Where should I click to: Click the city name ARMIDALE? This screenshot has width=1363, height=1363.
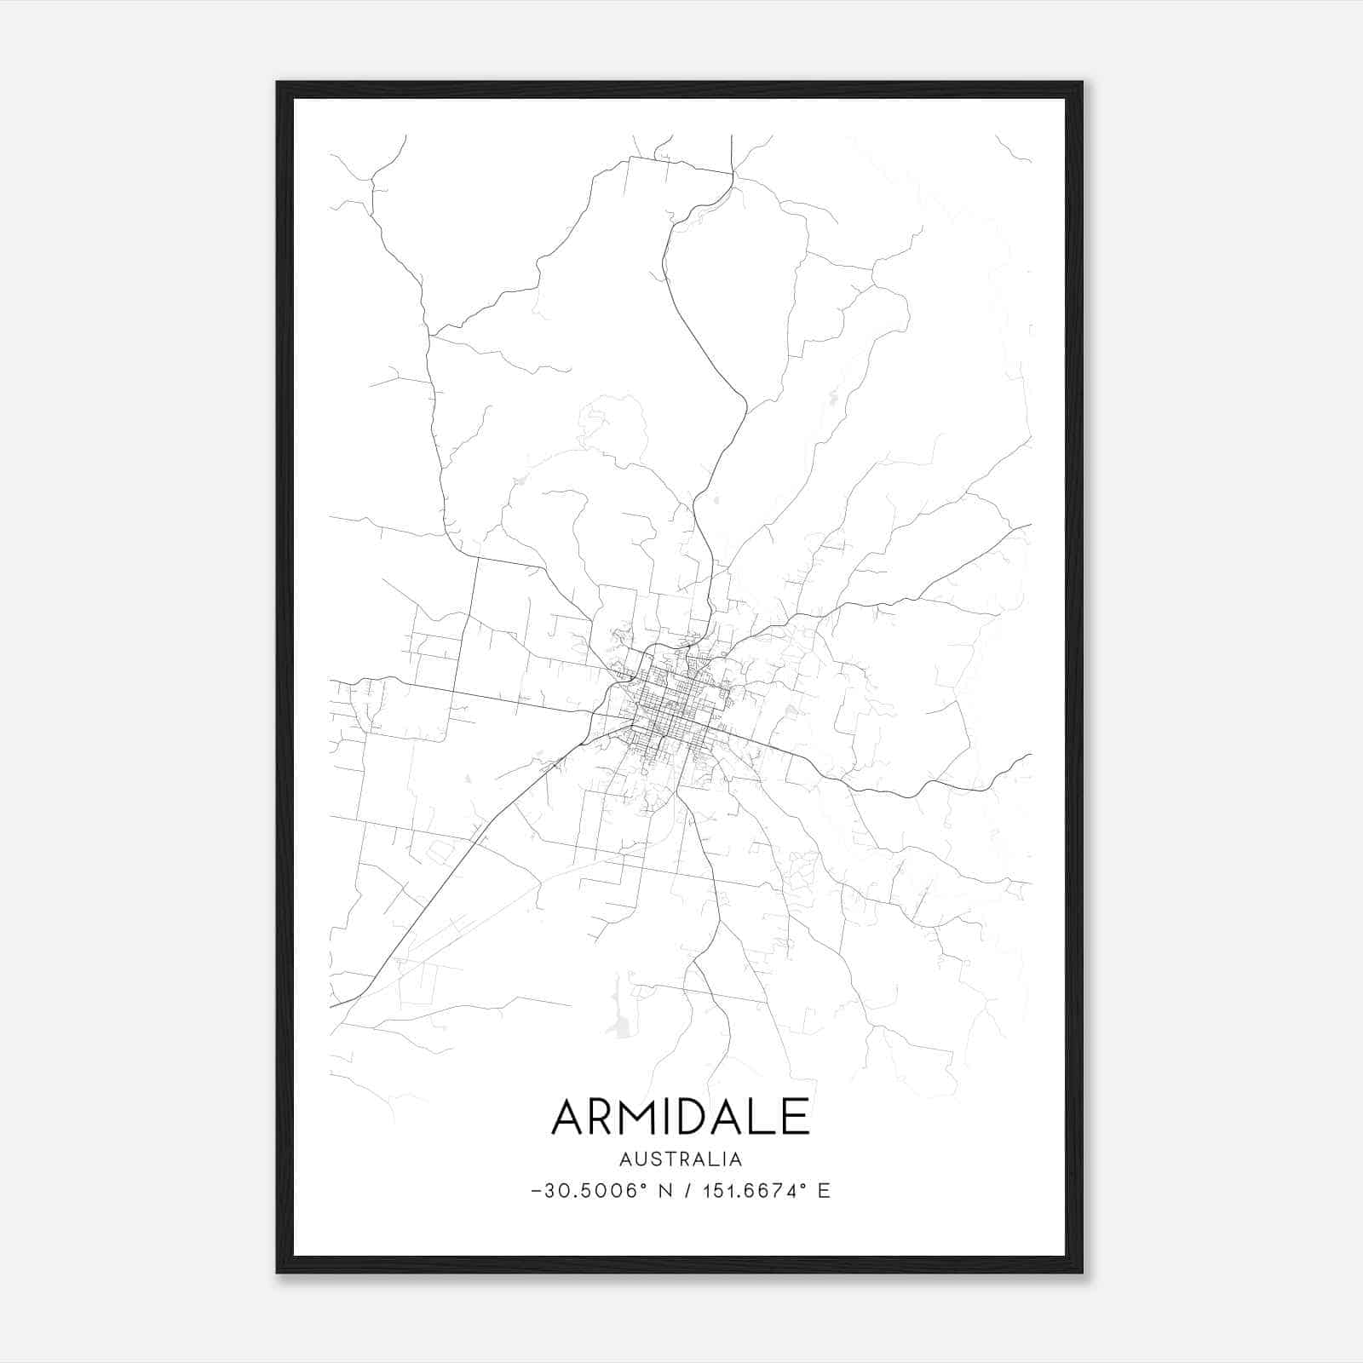pyautogui.click(x=681, y=1117)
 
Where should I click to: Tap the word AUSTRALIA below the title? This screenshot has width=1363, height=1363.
pyautogui.click(x=681, y=1159)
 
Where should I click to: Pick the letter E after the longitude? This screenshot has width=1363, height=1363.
pyautogui.click(x=823, y=1191)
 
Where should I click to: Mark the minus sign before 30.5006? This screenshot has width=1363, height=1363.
pyautogui.click(x=536, y=1191)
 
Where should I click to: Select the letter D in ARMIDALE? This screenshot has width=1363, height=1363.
pyautogui.click(x=705, y=1117)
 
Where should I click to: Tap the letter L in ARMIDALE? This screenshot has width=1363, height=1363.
pyautogui.click(x=768, y=1117)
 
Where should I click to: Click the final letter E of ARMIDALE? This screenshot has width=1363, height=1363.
pyautogui.click(x=797, y=1117)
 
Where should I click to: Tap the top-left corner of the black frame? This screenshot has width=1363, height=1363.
pyautogui.click(x=279, y=83)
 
